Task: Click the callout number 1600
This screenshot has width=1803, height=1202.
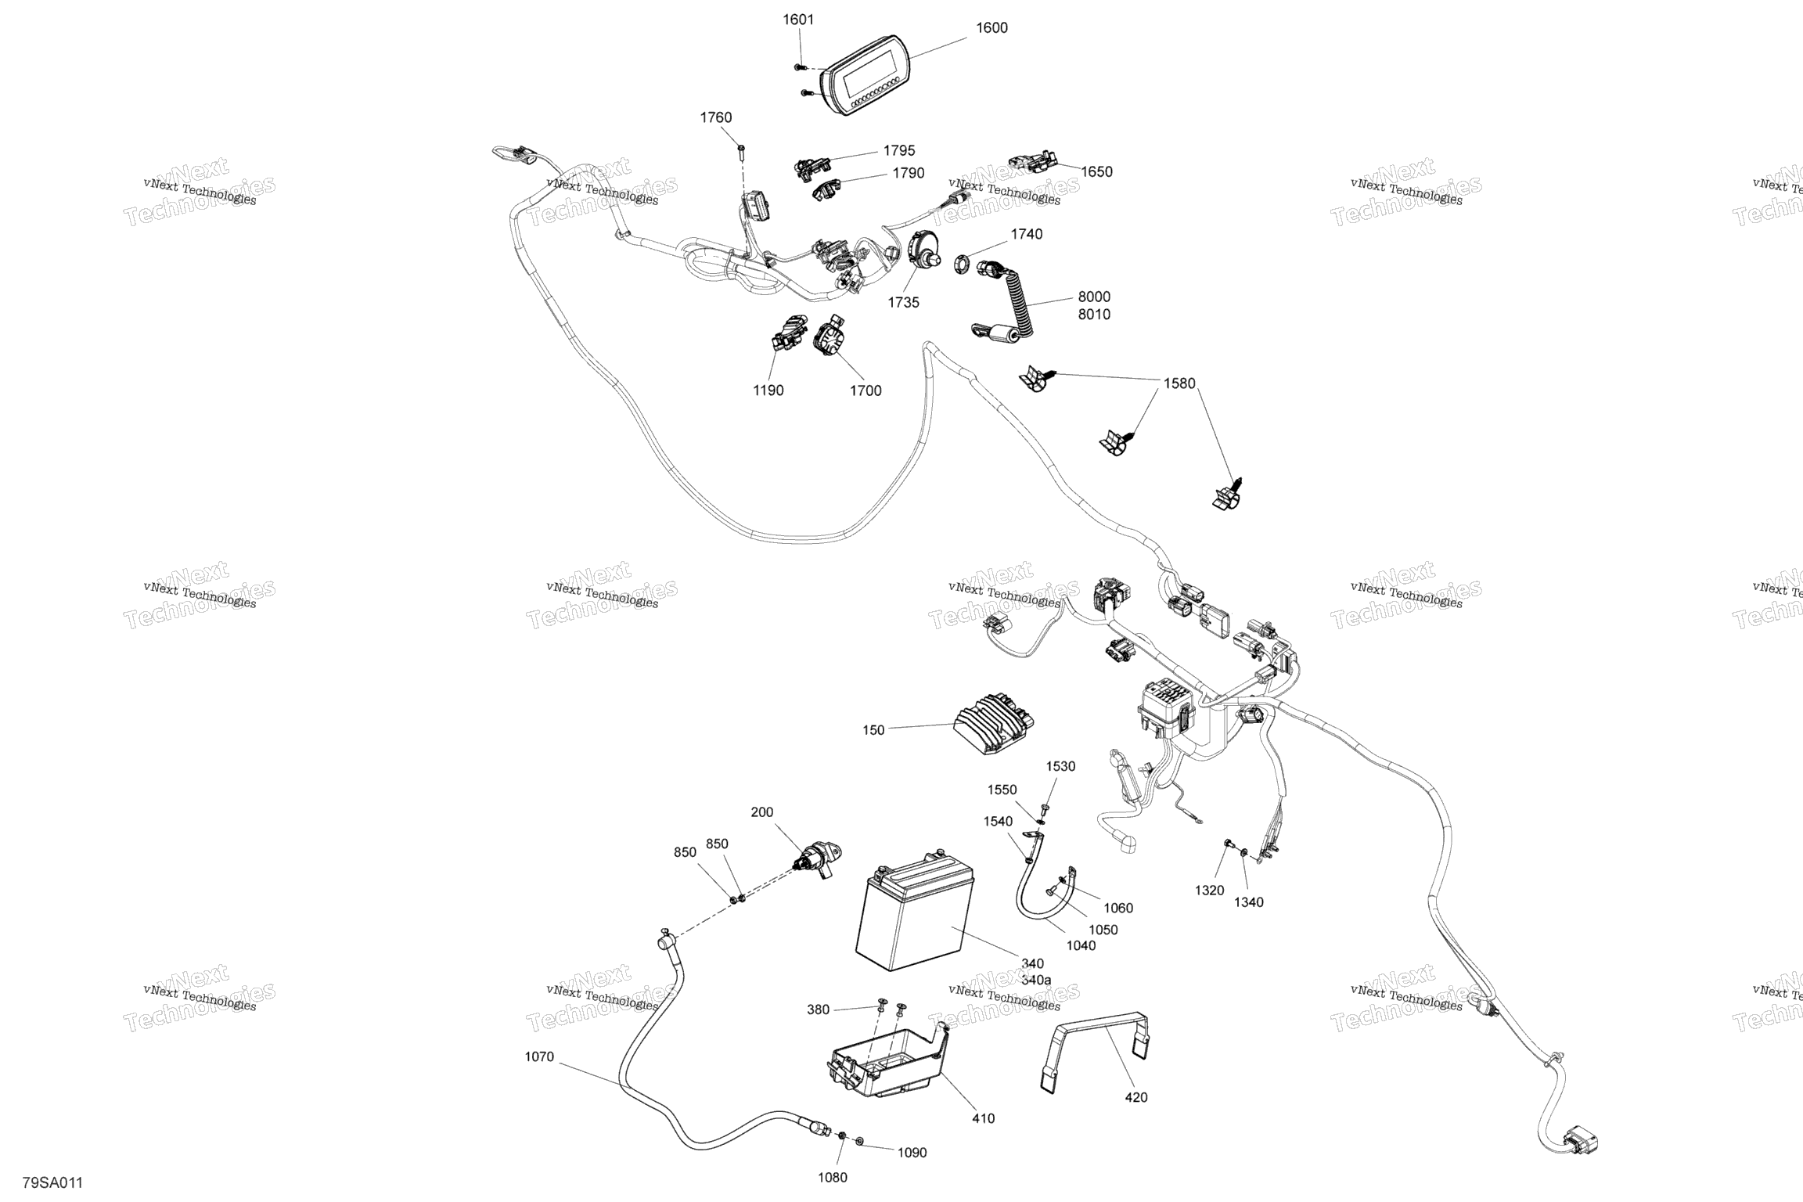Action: tap(991, 28)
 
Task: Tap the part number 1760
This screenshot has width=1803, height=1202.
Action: tap(715, 118)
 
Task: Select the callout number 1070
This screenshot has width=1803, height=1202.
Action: tap(539, 1057)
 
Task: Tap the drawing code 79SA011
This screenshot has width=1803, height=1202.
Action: tap(52, 1182)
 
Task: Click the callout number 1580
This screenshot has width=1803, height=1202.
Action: tap(1179, 384)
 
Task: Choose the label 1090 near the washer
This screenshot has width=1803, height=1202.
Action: tap(912, 1153)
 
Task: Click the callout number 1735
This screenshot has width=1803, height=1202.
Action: tap(903, 303)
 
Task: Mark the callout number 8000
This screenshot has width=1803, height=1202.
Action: tap(1094, 297)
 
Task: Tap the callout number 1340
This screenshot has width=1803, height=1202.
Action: tap(1249, 902)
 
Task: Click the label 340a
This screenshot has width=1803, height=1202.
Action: tap(1037, 980)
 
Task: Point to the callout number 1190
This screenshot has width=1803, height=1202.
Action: tap(768, 390)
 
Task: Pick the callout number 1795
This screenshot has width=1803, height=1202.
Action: tap(899, 151)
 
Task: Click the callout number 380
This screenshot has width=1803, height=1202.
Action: tap(818, 1010)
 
